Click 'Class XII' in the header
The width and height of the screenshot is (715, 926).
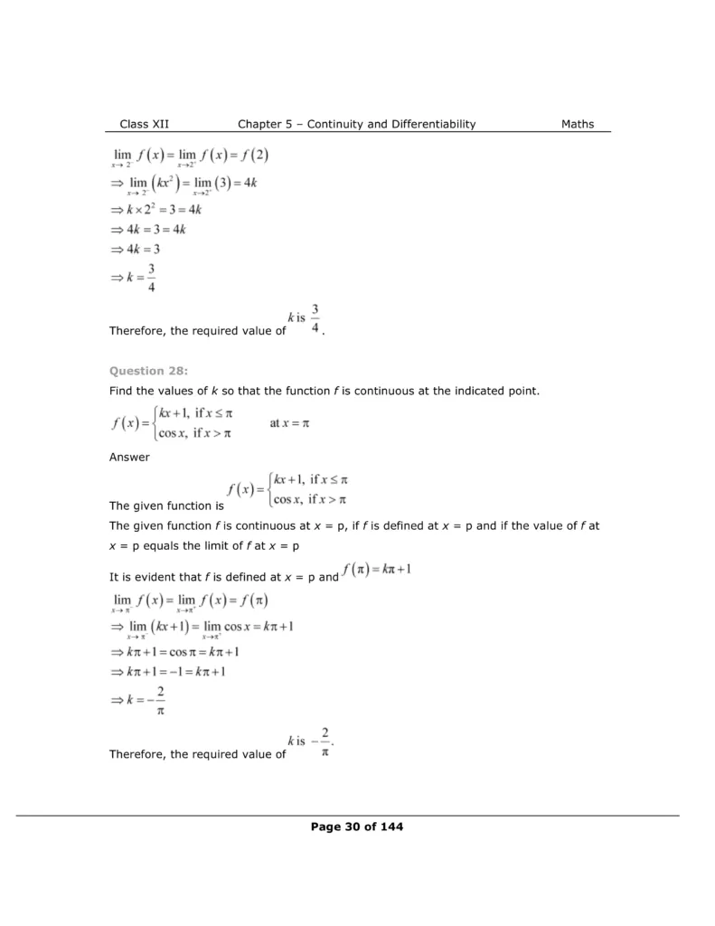coord(144,124)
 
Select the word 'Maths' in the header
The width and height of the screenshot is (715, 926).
coord(578,124)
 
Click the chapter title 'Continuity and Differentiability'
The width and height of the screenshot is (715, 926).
coord(390,124)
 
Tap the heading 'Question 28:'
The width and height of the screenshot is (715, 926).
coord(142,370)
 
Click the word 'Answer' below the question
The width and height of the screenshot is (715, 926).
coord(129,457)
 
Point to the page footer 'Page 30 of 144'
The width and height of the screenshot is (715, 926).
coord(357,827)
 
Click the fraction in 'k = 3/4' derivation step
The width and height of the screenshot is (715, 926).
coord(152,279)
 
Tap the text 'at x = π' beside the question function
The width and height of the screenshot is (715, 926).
coord(289,423)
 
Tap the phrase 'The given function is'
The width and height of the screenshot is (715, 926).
coord(166,506)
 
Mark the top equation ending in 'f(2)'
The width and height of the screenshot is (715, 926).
coord(190,156)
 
